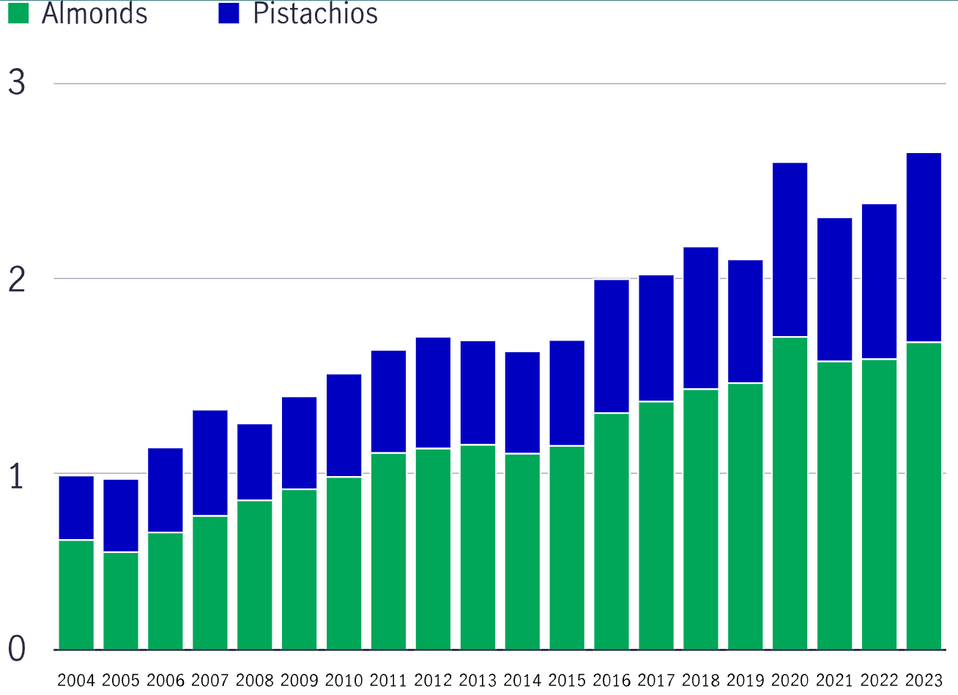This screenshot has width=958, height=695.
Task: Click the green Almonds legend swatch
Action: pos(18,13)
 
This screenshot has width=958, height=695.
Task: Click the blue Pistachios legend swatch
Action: pos(229,13)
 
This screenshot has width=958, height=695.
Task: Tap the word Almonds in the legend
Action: pos(94,13)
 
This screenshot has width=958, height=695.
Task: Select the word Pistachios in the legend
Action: pos(315,13)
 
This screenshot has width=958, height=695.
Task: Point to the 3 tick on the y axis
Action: pos(17,82)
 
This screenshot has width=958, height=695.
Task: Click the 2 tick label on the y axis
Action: pos(17,279)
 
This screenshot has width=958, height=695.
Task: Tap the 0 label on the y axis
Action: pos(17,649)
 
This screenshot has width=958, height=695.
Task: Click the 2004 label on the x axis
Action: pos(76,680)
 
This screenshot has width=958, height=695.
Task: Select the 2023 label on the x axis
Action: pos(924,680)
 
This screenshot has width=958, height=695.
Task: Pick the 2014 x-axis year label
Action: pos(522,680)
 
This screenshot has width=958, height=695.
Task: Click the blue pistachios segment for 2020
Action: pos(790,250)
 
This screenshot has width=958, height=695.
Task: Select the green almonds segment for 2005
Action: pos(121,601)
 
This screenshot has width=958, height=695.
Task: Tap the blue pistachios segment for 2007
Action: pos(210,463)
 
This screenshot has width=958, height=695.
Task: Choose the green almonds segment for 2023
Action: pos(924,496)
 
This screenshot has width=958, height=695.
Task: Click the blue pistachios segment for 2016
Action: pos(612,346)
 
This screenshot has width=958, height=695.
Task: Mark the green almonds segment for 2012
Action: pos(433,549)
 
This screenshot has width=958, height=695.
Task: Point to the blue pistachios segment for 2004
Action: pos(76,508)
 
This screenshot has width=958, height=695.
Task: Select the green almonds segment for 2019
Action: pos(745,516)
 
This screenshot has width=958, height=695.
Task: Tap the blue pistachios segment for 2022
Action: pos(879,281)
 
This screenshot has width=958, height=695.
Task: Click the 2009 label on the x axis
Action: pos(299,680)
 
